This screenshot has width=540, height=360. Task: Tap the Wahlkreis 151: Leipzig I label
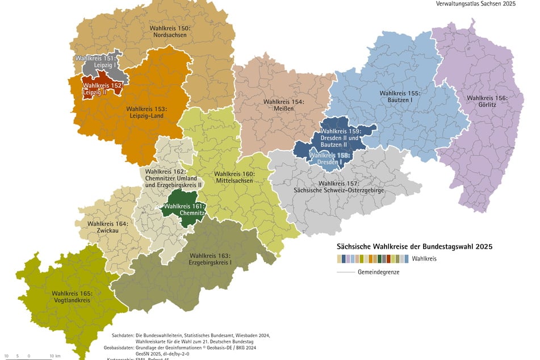(96, 62)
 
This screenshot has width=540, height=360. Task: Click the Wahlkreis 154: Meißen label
(283, 106)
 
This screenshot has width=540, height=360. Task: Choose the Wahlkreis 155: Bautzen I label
(400, 96)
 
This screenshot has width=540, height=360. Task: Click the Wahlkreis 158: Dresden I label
(329, 158)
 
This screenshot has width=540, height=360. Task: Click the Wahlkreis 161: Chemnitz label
(184, 210)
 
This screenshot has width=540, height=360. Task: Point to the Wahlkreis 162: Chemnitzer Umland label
(173, 178)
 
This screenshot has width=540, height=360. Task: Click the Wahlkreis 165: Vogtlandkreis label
(72, 297)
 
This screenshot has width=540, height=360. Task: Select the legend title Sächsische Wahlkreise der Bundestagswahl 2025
(414, 247)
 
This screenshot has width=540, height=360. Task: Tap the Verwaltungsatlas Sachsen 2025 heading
(476, 3)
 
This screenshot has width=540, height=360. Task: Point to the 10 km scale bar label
(55, 356)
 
